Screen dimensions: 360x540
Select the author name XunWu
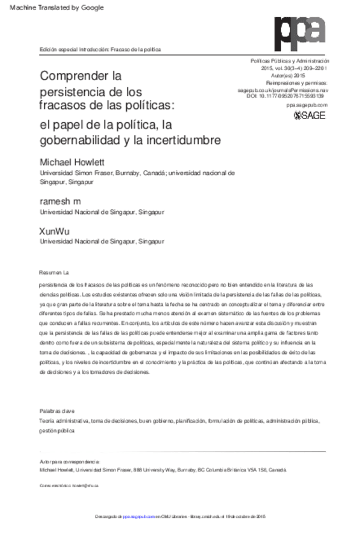click(x=54, y=230)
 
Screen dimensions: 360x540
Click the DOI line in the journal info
click(x=285, y=95)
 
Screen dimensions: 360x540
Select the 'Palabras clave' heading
click(x=57, y=411)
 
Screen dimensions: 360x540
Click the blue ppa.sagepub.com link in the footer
click(x=138, y=515)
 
